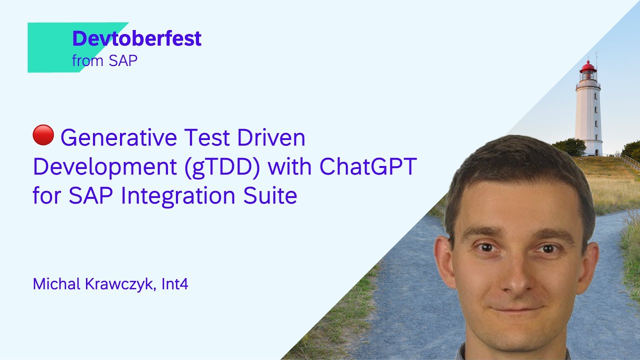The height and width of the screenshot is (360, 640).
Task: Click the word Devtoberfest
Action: (136, 39)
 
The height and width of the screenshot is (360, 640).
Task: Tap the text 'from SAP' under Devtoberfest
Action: (104, 61)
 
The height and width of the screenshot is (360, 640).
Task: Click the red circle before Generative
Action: (43, 135)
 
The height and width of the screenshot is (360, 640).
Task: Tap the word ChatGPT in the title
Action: (368, 167)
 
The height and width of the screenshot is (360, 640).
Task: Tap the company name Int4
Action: (175, 284)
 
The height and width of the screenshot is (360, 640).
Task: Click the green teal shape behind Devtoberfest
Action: (50, 47)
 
